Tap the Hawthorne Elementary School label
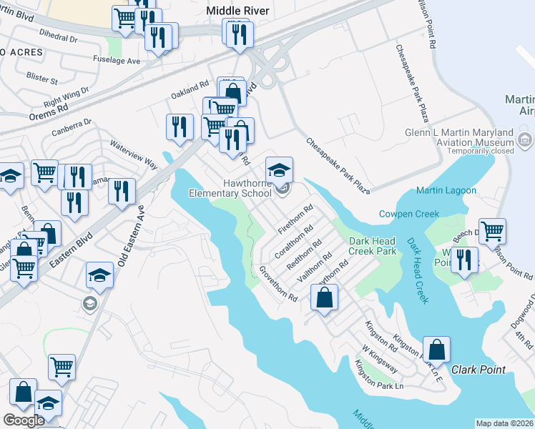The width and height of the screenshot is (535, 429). click(x=231, y=188)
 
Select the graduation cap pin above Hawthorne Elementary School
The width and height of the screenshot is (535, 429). click(x=280, y=169)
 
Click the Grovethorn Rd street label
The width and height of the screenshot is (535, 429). click(x=278, y=284)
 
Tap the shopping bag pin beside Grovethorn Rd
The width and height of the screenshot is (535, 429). click(x=324, y=297)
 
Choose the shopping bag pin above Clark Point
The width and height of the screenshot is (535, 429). click(x=436, y=349)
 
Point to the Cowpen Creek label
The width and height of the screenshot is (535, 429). click(x=408, y=214)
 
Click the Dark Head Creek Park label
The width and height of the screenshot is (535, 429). click(x=372, y=246)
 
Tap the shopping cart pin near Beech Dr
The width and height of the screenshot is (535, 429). click(x=492, y=231)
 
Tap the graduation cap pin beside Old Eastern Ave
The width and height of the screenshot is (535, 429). click(x=99, y=275)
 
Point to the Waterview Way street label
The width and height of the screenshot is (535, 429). click(x=133, y=154)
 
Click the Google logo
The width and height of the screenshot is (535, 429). click(x=24, y=420)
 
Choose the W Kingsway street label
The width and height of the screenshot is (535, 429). click(x=379, y=357)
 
